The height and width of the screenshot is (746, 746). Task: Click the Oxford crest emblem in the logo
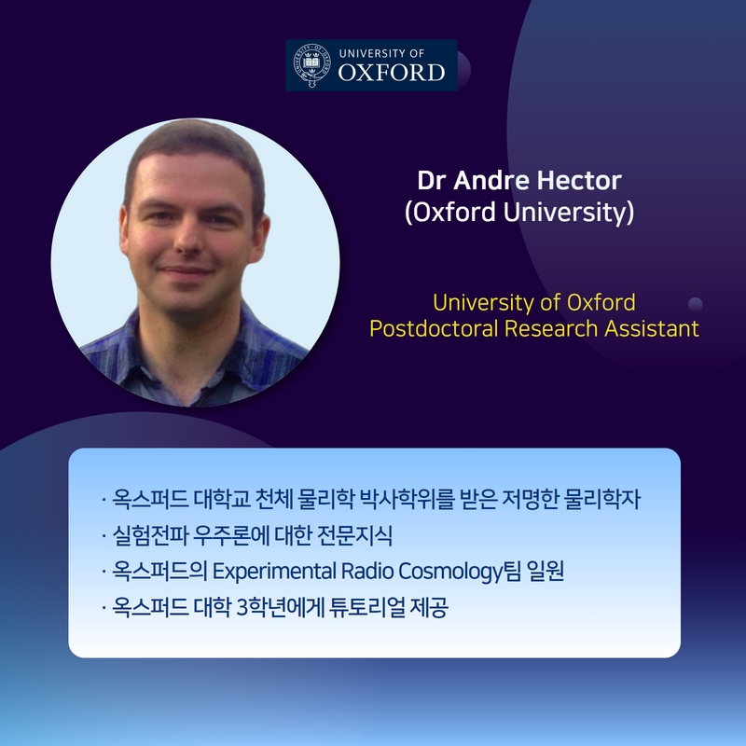coord(311,65)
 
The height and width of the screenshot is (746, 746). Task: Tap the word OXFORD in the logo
coord(392,73)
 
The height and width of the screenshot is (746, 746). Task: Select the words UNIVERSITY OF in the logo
coord(381,53)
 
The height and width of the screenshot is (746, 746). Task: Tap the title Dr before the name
coord(432,180)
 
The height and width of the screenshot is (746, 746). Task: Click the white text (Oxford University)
coord(519,212)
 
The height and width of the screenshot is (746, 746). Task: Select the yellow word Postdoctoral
coord(433,328)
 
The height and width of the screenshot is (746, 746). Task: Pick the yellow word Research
coord(550,328)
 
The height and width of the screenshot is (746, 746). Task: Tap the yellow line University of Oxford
coord(533,302)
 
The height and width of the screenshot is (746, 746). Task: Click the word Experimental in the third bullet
coord(274,571)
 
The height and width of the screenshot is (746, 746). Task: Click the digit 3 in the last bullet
coord(242,608)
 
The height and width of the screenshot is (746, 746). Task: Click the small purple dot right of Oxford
coord(695,304)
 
